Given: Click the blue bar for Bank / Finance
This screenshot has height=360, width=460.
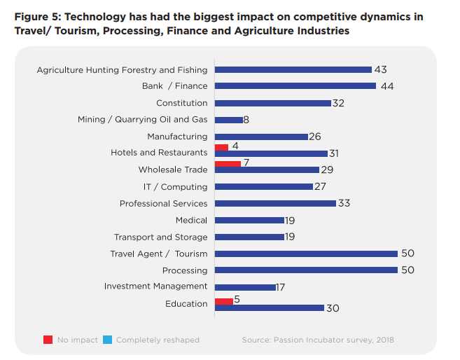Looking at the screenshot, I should click(x=295, y=86).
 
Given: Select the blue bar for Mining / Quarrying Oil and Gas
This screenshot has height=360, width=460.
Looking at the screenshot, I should click(x=229, y=120).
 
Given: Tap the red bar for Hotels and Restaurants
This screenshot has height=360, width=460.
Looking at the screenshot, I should click(x=221, y=147).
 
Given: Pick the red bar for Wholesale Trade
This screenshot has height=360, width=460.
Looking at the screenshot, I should click(x=228, y=163).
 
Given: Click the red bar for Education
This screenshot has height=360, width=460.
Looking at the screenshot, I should click(x=223, y=301).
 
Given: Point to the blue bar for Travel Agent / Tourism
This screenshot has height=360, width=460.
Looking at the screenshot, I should click(x=306, y=254).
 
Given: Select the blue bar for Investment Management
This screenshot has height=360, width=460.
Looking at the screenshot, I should click(x=245, y=287).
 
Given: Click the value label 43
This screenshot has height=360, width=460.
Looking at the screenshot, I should click(x=380, y=69).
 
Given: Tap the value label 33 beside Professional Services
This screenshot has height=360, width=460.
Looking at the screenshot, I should click(x=343, y=203).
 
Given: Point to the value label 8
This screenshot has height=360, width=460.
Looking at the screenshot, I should click(x=246, y=120).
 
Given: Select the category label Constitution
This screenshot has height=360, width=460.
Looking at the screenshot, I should click(x=181, y=103).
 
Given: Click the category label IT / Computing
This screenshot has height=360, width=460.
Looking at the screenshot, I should click(x=175, y=187).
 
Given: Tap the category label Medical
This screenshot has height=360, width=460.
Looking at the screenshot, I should click(x=191, y=221).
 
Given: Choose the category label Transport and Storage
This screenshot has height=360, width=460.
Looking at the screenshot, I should click(x=160, y=237).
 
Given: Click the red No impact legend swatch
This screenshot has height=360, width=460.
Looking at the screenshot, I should click(x=48, y=340).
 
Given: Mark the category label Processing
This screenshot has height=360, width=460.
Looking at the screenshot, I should click(x=185, y=270).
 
